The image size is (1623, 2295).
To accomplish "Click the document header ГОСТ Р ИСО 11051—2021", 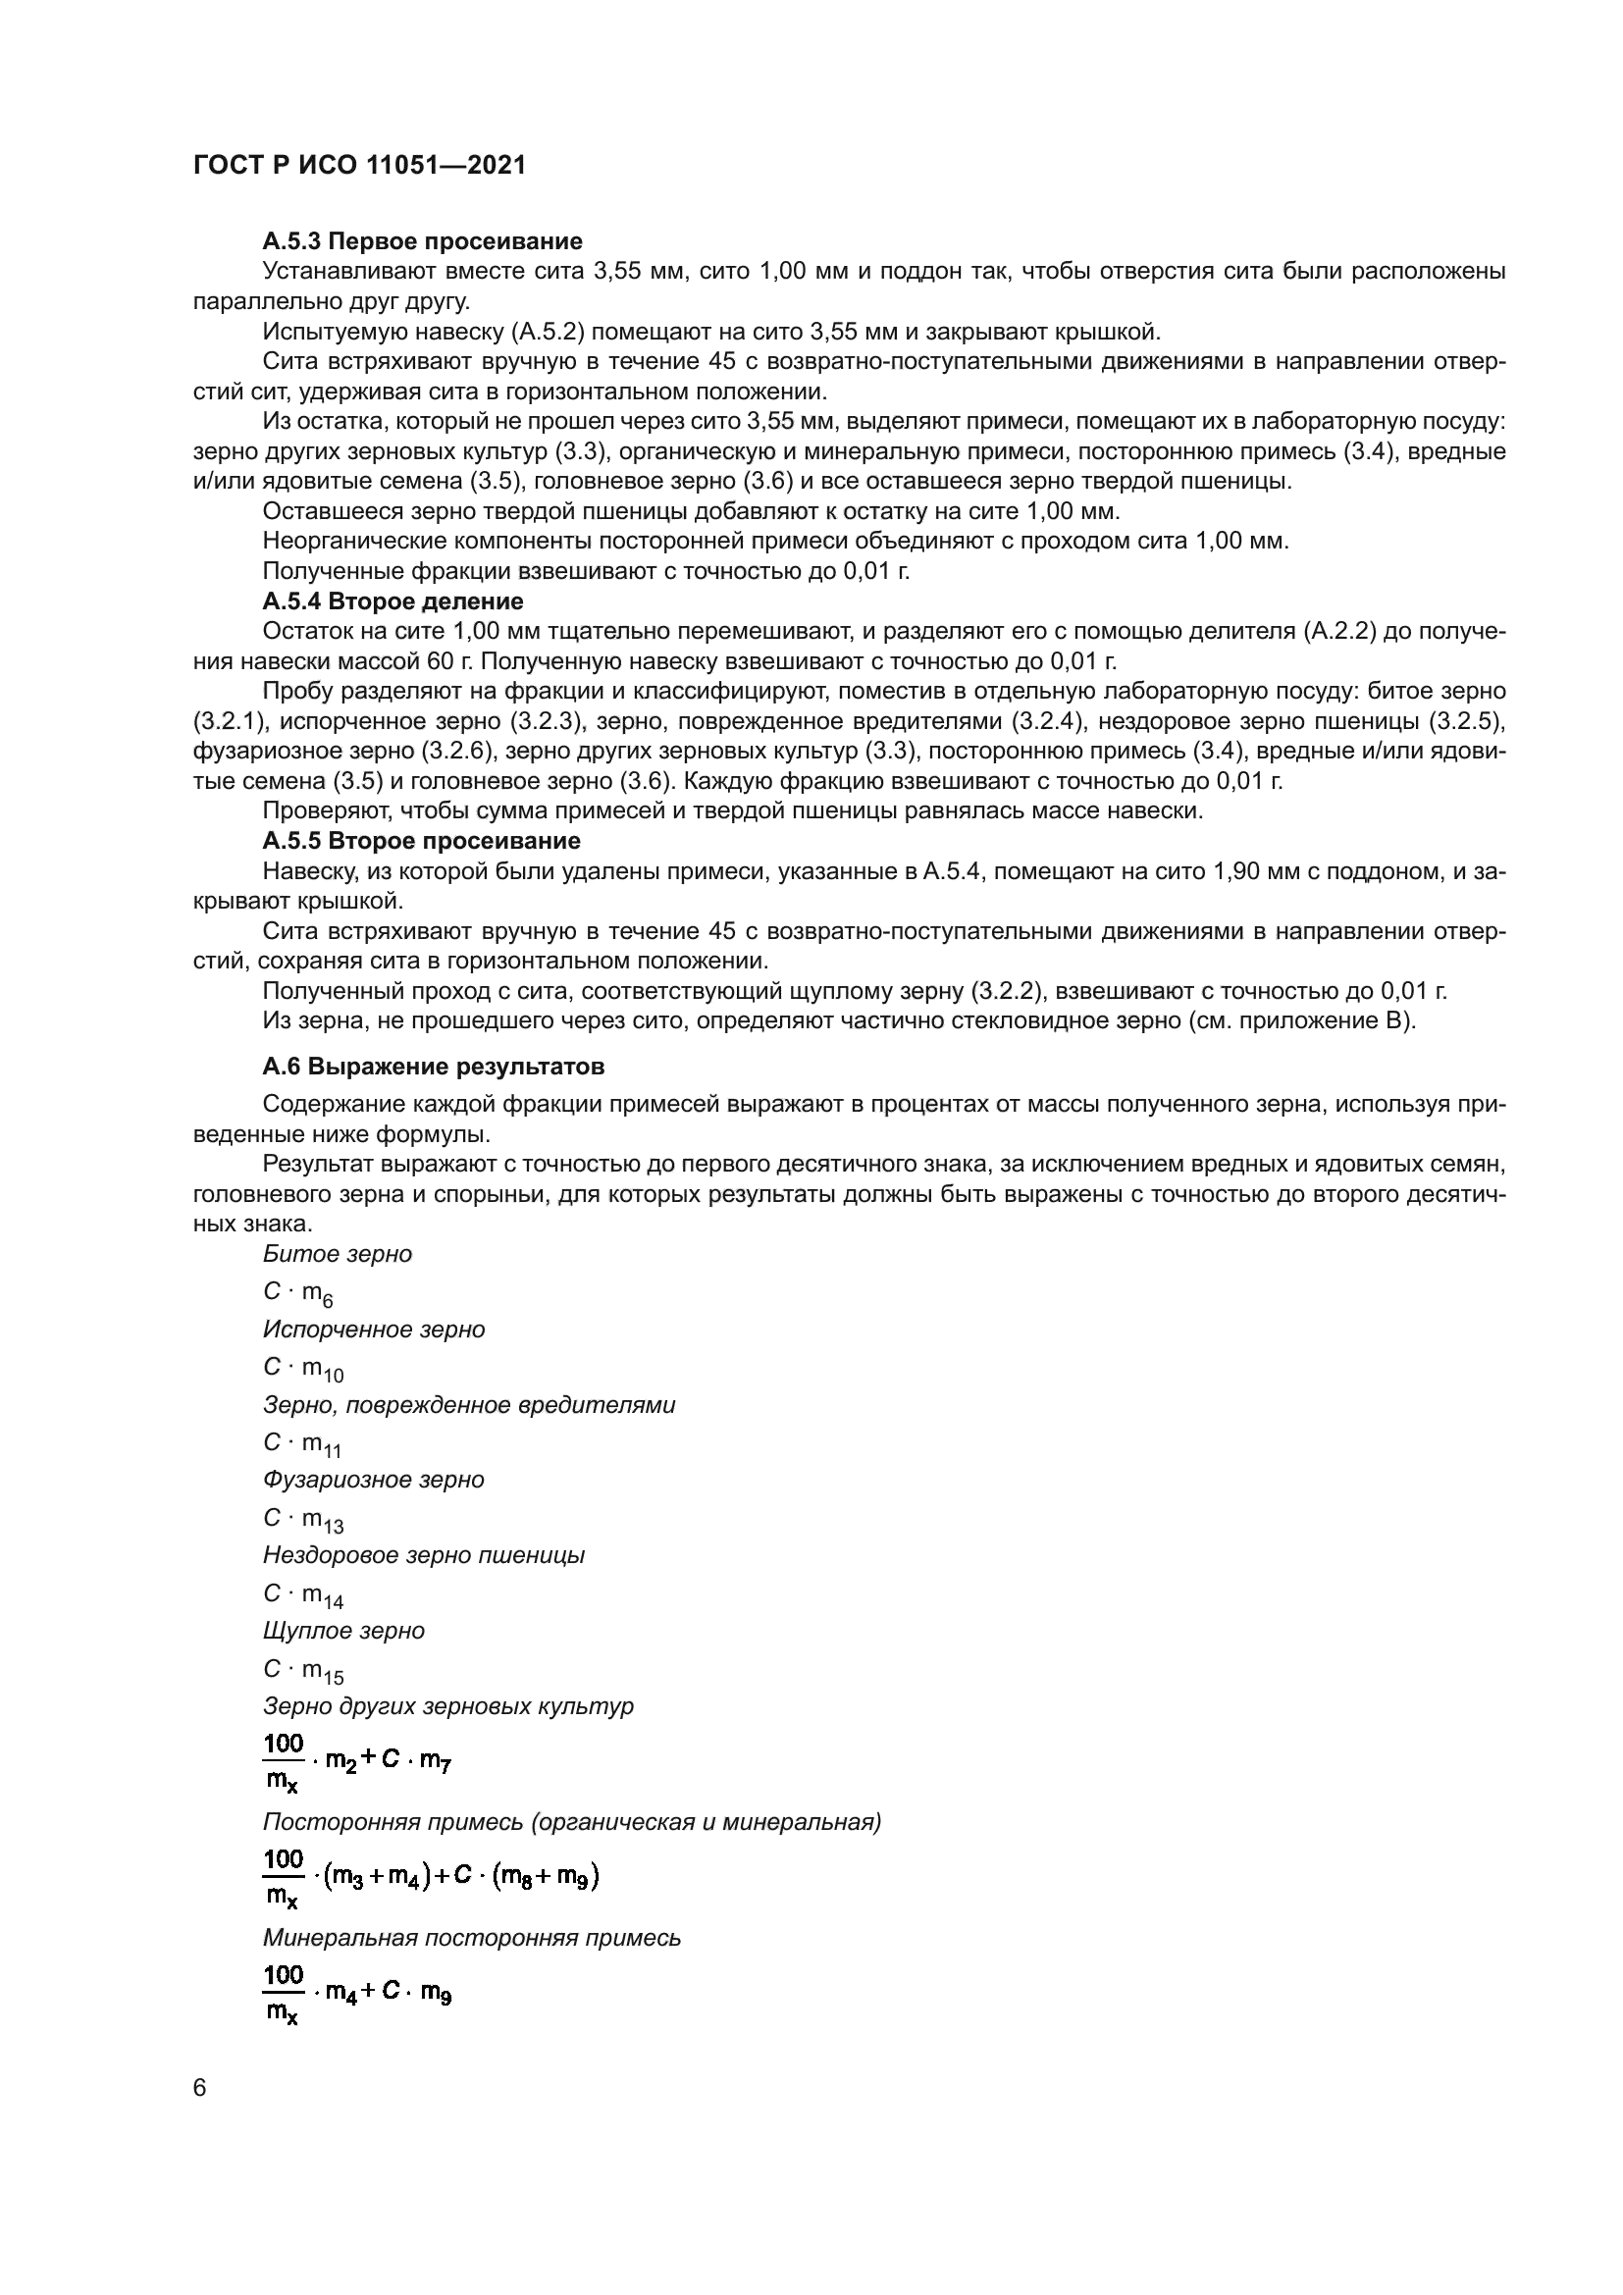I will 359,166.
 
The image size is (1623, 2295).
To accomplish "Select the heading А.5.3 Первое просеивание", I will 422,241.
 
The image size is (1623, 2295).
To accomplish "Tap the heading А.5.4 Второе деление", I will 393,600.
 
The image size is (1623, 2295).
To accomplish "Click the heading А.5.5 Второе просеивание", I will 421,840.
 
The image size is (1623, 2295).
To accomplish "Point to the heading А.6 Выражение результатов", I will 433,1067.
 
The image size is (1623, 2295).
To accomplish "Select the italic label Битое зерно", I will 337,1253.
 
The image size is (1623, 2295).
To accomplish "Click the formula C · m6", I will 298,1293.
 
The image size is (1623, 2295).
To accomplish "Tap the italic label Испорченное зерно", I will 374,1330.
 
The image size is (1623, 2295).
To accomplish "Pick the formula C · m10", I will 303,1369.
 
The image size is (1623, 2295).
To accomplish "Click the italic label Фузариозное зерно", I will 374,1480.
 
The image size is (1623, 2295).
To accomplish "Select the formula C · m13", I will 303,1519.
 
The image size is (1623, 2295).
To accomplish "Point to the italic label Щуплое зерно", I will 342,1631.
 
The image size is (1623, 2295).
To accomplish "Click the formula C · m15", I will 303,1670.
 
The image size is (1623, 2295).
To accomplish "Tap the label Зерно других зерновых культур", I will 447,1705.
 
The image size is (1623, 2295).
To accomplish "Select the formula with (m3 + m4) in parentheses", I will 430,1879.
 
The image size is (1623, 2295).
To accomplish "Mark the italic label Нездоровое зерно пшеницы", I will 424,1555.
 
